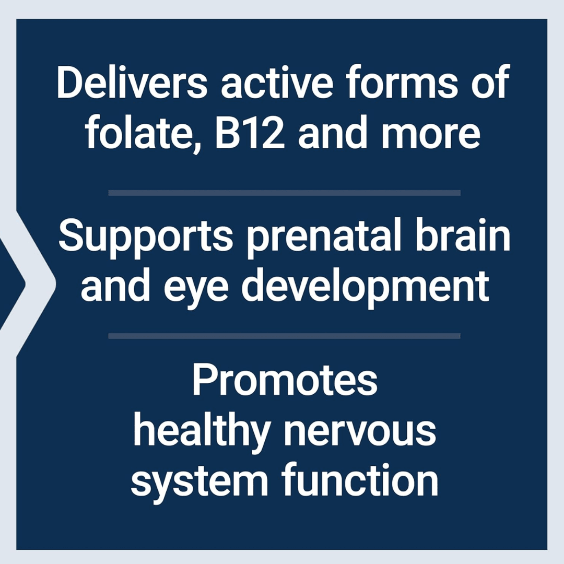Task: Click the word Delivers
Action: [132, 81]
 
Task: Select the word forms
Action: [402, 81]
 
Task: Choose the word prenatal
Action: [324, 238]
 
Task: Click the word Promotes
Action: [285, 380]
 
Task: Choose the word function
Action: [360, 479]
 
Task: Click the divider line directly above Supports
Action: [284, 193]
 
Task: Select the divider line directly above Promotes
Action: [284, 336]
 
